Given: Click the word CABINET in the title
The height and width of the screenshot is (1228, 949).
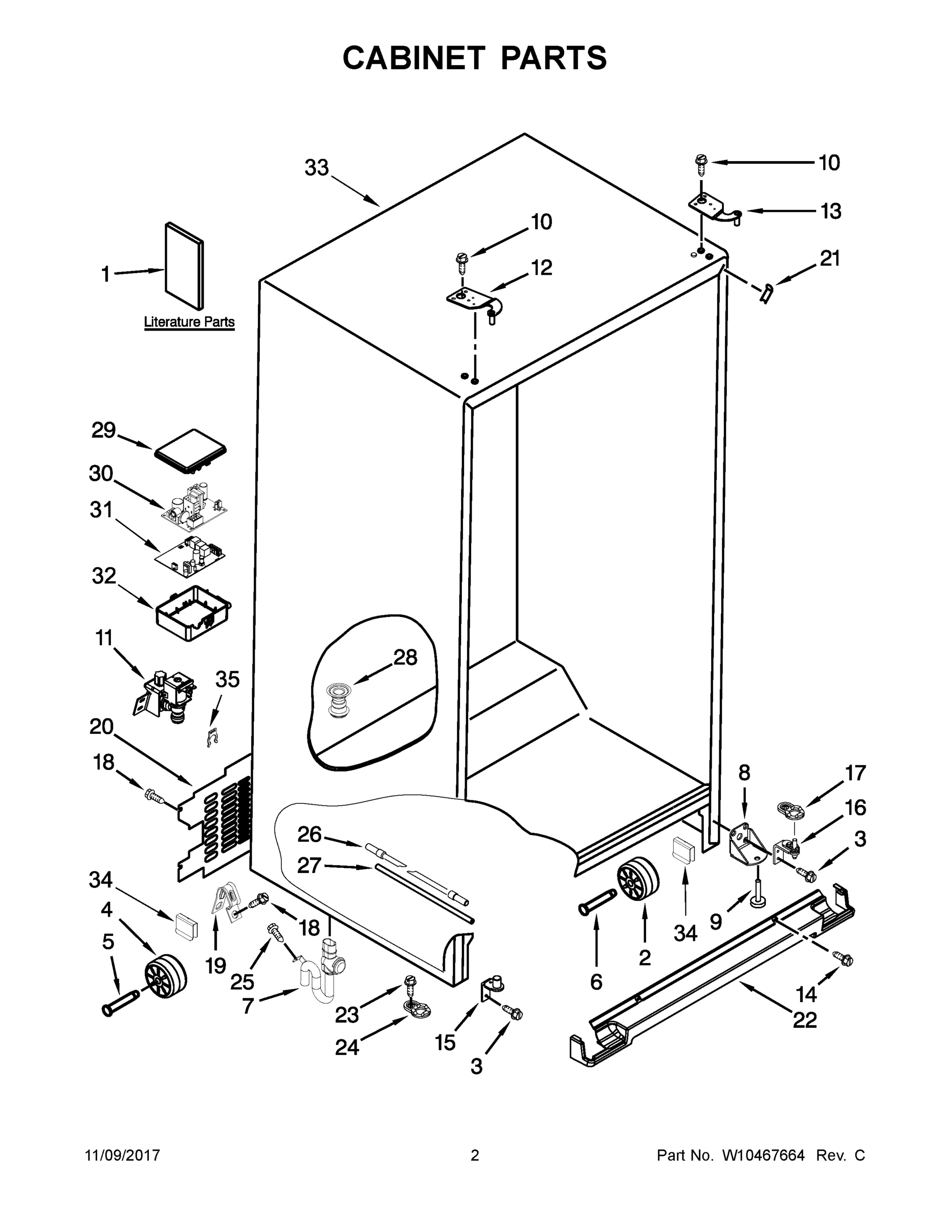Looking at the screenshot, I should click(x=414, y=58).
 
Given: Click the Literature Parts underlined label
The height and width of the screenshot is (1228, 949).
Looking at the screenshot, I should click(x=189, y=322).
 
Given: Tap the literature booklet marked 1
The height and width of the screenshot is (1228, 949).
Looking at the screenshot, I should click(x=184, y=266).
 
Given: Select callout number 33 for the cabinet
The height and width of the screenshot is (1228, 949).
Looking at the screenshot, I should click(x=316, y=167).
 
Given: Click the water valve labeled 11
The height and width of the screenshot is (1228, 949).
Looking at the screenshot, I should click(x=165, y=693).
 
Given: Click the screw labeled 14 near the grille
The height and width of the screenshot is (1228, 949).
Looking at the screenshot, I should click(x=843, y=959).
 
